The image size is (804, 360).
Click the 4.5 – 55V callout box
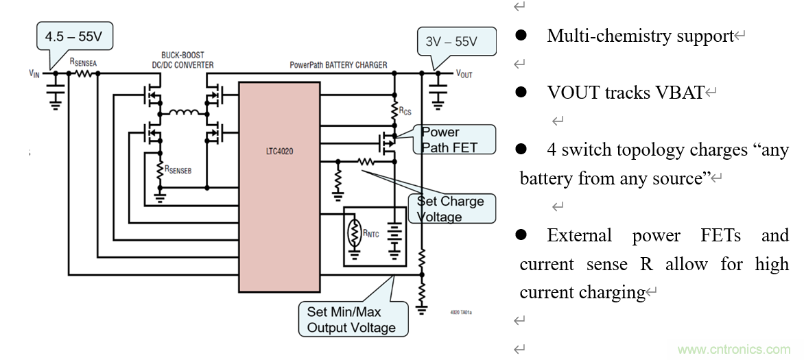pos(74,36)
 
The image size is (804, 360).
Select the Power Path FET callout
pos(453,139)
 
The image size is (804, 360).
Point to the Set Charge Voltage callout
pos(451,208)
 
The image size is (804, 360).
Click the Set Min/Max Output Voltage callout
pos(351,319)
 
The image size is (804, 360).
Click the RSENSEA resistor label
pos(84,62)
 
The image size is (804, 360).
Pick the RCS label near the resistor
pos(405,110)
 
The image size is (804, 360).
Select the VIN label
pos(34,72)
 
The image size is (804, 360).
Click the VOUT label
pos(464,73)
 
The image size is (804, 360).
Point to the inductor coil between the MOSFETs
pos(183,112)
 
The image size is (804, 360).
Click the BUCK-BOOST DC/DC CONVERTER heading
pos(182,60)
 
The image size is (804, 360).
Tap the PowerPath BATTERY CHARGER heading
pos(338,65)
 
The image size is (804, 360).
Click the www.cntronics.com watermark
pos(733,348)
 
